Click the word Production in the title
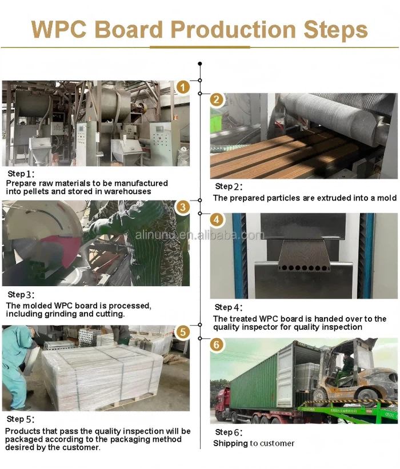(x=233, y=30)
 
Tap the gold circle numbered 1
(x=183, y=87)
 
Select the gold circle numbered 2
(x=217, y=99)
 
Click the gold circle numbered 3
(x=183, y=207)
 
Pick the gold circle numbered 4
(x=217, y=220)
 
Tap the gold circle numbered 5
(x=183, y=332)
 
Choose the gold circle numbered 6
(x=217, y=345)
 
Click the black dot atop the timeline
(x=200, y=64)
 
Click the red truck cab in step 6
(x=223, y=402)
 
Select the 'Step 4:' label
(x=229, y=307)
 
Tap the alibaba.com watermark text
(x=200, y=235)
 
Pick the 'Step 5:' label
(x=21, y=419)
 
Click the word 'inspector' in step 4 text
(x=259, y=327)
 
